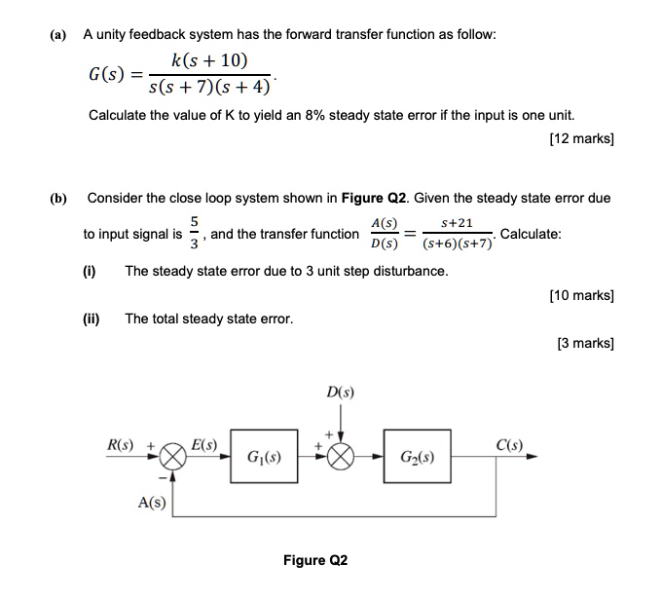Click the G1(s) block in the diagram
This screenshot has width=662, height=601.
click(x=265, y=456)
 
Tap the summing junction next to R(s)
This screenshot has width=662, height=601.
click(x=172, y=456)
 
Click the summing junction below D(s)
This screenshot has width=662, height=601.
click(x=342, y=456)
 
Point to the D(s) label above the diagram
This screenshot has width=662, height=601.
click(x=341, y=393)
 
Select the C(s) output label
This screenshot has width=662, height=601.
click(x=508, y=446)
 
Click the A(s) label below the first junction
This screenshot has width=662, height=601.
click(x=151, y=503)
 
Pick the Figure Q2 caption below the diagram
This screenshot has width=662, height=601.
click(x=314, y=560)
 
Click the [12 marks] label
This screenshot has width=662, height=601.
click(x=581, y=139)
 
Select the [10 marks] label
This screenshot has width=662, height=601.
click(x=581, y=293)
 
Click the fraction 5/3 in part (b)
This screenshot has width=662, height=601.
click(x=194, y=234)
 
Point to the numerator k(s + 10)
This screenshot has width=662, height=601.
click(x=208, y=61)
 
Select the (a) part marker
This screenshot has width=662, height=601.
click(x=58, y=34)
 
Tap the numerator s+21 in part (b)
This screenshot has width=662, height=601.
click(x=457, y=223)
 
